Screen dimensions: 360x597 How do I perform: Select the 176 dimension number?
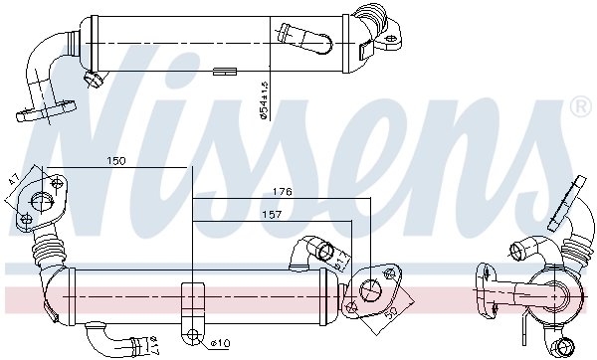point(282,191)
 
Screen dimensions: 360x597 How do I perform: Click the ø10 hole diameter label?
point(221,344)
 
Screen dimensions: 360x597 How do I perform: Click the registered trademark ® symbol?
point(578,105)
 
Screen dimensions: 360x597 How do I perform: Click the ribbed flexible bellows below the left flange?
point(46,255)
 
